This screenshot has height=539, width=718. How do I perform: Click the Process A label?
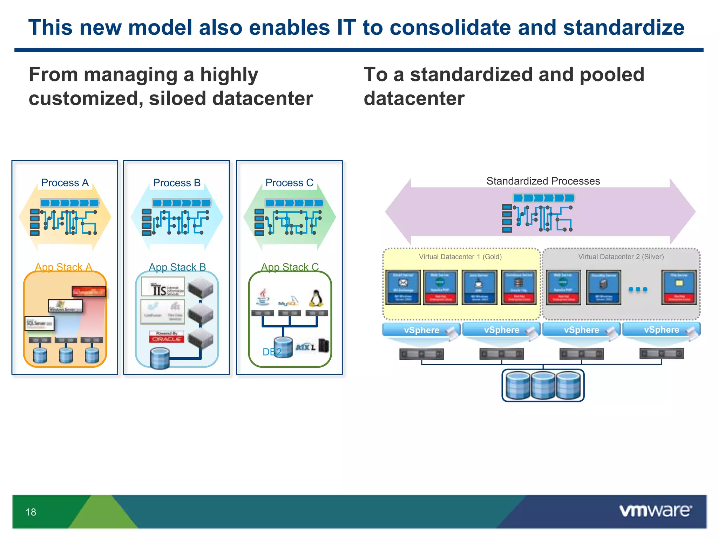tap(65, 183)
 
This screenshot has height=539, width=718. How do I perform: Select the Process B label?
tap(177, 183)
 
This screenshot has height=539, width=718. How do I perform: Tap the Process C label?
tap(289, 183)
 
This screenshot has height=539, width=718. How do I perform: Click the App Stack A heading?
tap(63, 267)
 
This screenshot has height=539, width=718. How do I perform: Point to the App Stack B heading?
tap(177, 267)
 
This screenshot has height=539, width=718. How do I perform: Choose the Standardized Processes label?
tap(543, 181)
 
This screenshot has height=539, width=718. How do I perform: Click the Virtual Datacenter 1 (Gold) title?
tap(460, 257)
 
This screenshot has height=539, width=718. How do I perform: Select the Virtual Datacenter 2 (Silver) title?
tap(621, 257)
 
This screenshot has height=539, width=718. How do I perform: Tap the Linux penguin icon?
tap(316, 298)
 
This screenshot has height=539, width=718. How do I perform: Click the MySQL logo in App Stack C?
tap(289, 301)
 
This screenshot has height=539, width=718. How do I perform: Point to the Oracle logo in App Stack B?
tap(167, 337)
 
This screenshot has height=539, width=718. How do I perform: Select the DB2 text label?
tap(272, 352)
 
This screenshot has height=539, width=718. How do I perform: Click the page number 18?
tap(31, 512)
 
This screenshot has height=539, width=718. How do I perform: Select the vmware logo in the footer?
tap(655, 511)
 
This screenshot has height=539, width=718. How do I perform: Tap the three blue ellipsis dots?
tap(638, 289)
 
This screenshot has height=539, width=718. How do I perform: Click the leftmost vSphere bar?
tap(421, 330)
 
